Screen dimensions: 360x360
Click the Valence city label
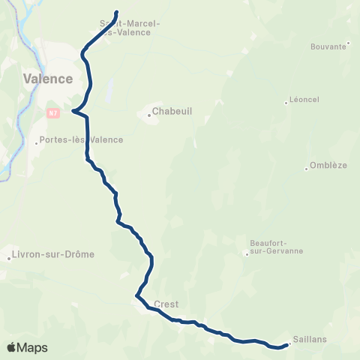click(x=48, y=79)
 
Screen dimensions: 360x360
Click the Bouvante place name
click(x=328, y=46)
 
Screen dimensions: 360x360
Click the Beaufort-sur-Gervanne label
click(x=275, y=246)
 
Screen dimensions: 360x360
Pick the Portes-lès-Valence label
click(x=82, y=139)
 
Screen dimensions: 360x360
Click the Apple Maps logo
click(x=27, y=347)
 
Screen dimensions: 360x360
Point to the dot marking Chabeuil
click(x=149, y=115)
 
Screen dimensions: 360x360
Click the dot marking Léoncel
click(x=286, y=103)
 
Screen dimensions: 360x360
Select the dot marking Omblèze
click(x=307, y=169)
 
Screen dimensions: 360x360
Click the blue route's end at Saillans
click(x=289, y=345)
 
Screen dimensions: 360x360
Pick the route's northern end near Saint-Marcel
click(x=118, y=12)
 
